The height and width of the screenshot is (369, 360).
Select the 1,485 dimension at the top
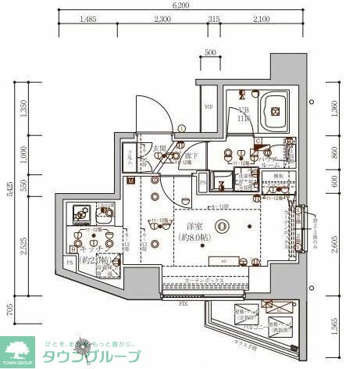click(x=87, y=19)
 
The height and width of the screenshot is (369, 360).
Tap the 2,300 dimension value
click(x=162, y=19)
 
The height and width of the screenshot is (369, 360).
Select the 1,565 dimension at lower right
click(x=335, y=324)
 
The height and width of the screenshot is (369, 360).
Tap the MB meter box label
click(x=209, y=107)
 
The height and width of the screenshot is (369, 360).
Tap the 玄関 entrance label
click(x=160, y=146)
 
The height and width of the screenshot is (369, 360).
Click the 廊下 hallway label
click(x=189, y=156)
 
